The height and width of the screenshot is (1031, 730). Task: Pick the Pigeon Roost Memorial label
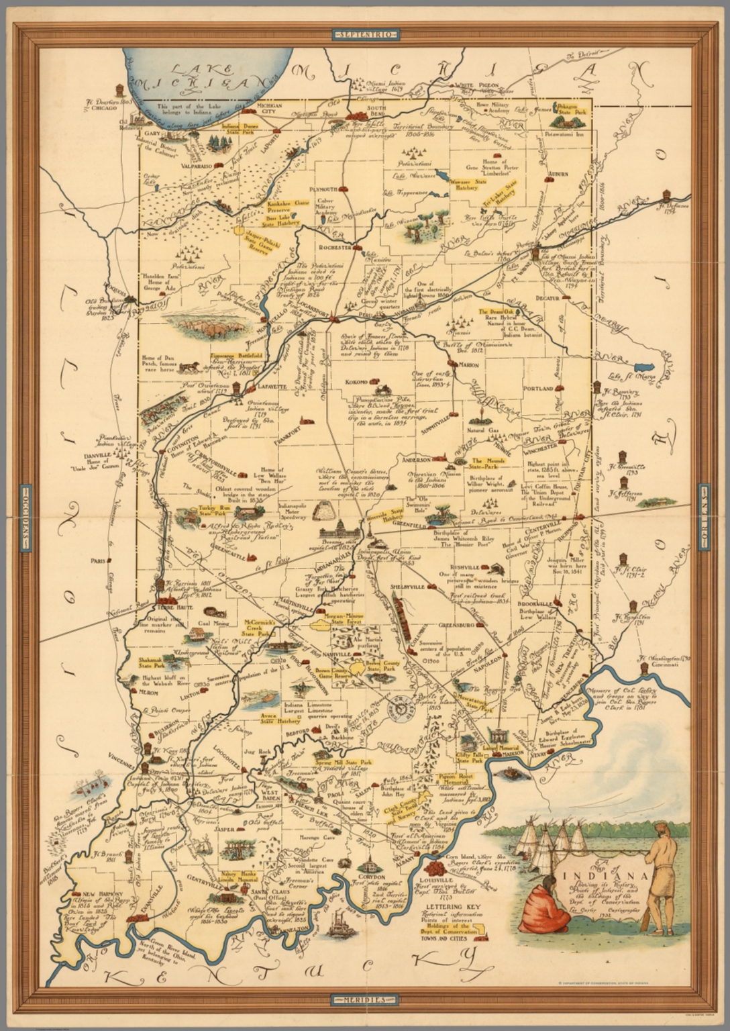[457, 779]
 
